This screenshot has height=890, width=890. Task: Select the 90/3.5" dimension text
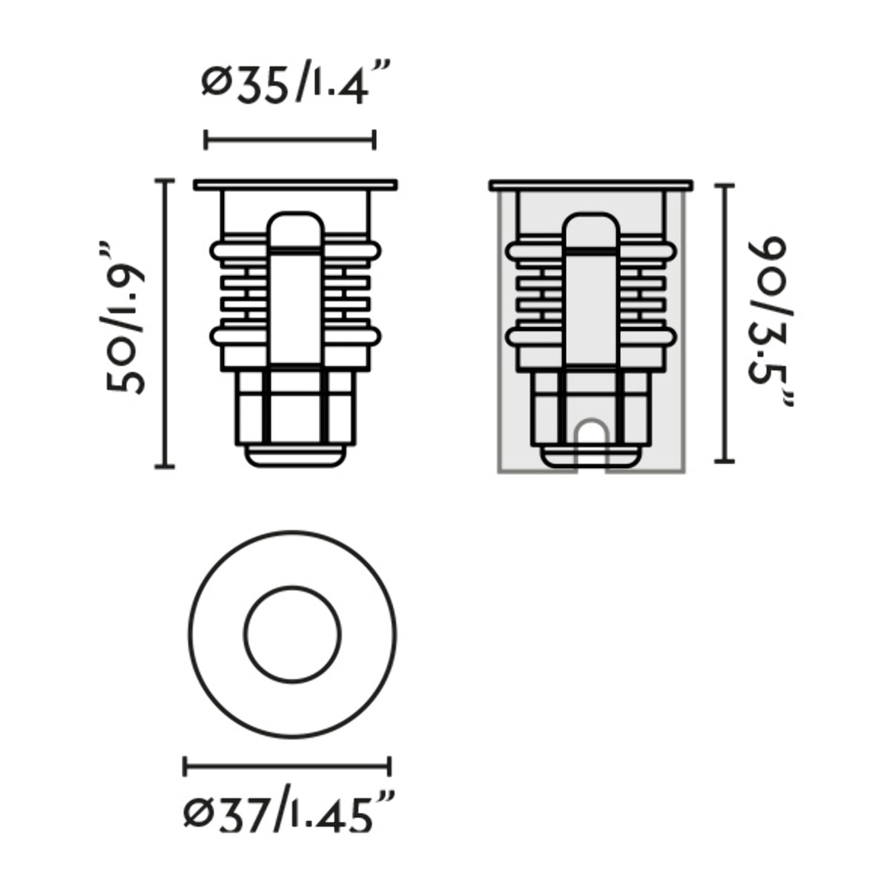(768, 323)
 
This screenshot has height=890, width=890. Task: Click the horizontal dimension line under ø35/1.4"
(290, 139)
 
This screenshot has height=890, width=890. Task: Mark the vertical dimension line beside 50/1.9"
(164, 323)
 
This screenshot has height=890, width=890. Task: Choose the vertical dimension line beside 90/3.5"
(724, 323)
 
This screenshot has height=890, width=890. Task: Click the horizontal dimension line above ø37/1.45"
(287, 765)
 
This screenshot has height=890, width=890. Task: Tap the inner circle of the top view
(293, 635)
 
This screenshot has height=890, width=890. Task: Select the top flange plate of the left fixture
(295, 185)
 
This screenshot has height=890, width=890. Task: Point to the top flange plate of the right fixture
(591, 185)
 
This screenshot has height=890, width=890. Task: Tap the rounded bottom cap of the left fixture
(295, 457)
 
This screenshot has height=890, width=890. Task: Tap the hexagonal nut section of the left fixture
(295, 408)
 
